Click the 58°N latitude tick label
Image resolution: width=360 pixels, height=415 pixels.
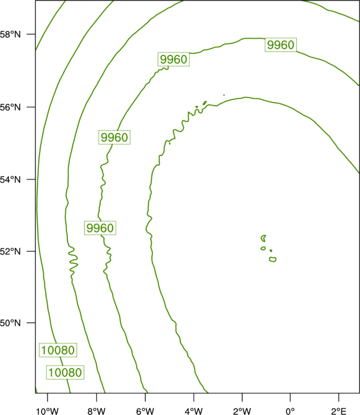[10, 34]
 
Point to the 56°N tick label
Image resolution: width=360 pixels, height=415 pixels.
[10, 107]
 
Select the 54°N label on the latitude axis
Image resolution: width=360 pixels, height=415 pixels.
[10, 180]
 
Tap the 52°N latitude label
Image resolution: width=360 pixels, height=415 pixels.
[10, 251]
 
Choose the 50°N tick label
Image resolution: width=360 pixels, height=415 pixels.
[10, 323]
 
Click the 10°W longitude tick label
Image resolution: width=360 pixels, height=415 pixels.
[48, 411]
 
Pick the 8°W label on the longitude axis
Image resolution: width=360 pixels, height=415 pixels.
[96, 411]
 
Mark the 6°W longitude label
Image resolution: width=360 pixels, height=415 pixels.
[145, 411]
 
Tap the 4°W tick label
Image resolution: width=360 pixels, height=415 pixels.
[194, 411]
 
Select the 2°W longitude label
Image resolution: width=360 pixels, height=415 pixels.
[242, 411]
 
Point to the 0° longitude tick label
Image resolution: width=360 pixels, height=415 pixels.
[290, 411]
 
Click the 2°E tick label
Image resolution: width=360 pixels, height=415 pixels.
[338, 411]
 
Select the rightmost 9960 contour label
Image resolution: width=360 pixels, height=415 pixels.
[281, 45]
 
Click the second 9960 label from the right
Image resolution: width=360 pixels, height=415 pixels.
[173, 59]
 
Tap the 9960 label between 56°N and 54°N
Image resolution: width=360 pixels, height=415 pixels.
[115, 137]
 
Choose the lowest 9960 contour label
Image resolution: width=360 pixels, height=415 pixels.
[100, 228]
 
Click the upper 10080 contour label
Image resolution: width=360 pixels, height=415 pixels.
[58, 350]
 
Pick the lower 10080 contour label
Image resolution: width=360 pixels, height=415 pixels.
[65, 372]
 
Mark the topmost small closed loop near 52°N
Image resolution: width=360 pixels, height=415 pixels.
[264, 237]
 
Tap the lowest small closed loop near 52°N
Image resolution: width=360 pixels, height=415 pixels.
[272, 260]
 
